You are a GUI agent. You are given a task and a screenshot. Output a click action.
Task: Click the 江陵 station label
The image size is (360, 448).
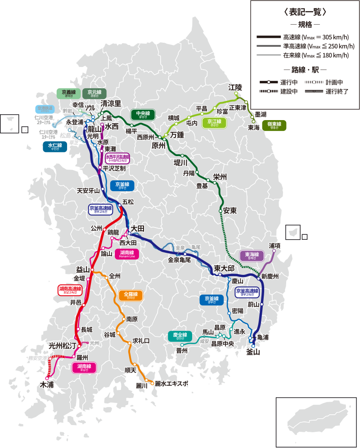235,87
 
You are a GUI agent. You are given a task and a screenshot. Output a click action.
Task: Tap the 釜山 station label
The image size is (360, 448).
253,352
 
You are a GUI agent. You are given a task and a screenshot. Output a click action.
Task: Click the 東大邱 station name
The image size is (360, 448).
224,268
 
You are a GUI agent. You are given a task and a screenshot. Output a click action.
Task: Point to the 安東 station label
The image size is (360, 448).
230,211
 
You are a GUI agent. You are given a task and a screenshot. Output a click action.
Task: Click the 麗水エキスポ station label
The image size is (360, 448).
171,384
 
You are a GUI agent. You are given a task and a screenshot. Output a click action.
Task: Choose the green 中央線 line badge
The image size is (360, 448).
143,114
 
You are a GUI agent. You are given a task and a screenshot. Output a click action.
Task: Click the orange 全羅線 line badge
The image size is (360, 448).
130,296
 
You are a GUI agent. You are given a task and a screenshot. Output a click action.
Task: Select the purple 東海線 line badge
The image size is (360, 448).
251,255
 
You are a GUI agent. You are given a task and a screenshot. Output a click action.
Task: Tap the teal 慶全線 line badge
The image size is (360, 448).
180,336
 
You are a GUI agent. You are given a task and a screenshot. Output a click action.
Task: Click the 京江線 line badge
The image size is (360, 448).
214,123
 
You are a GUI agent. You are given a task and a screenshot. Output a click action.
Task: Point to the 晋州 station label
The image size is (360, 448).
182,350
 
